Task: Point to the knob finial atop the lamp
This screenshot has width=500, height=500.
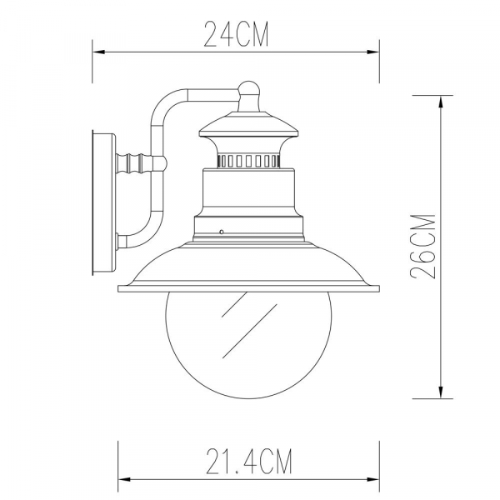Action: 249,90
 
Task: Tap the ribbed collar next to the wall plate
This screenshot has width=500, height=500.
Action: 137,160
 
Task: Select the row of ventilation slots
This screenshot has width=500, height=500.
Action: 249,158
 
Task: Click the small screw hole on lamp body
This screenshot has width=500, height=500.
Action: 222,231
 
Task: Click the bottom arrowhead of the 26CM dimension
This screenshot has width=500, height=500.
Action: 440,392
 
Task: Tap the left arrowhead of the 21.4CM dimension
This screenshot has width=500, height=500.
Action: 123,478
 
